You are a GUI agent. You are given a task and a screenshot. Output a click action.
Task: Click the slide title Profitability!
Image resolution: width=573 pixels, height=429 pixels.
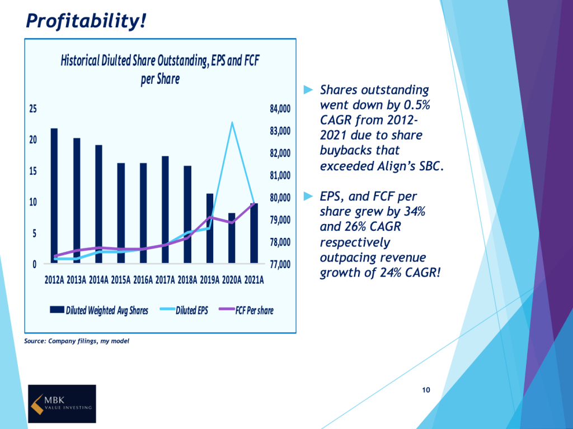tap(87, 21)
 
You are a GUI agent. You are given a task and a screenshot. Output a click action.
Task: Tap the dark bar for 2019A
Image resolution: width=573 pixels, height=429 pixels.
tap(210, 228)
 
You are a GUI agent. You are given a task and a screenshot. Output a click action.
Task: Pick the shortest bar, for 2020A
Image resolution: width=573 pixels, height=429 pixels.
tap(232, 238)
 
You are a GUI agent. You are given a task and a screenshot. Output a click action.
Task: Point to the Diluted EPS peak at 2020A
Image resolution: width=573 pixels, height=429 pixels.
tap(232, 122)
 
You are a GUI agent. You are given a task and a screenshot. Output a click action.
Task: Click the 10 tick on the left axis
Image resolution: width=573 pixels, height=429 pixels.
tap(34, 202)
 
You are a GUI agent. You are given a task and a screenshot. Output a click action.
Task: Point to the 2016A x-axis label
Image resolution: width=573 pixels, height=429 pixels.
tap(143, 280)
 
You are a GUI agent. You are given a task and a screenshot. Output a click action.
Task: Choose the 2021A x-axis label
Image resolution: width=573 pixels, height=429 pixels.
tap(254, 280)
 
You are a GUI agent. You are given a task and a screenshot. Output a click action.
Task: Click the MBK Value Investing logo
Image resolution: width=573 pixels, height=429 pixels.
tap(62, 403)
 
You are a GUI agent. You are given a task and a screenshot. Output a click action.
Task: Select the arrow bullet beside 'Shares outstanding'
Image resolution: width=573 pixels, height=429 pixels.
tap(307, 89)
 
